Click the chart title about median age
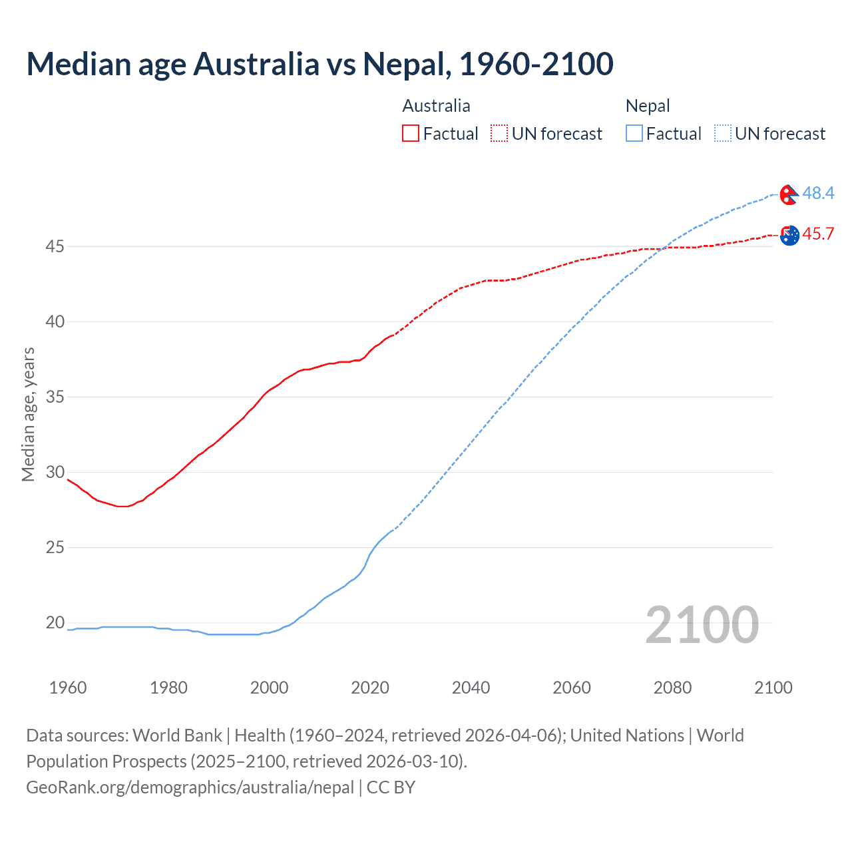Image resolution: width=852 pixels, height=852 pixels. click(x=319, y=64)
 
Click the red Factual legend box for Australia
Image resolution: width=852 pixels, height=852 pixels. click(x=411, y=133)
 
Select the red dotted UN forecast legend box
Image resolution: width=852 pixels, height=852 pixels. click(x=499, y=133)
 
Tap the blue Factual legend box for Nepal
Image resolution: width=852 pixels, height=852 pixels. click(x=634, y=133)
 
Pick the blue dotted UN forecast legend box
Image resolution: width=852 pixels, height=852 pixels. click(x=723, y=133)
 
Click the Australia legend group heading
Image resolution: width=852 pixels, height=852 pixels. click(x=436, y=106)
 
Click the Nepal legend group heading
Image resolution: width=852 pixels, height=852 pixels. click(x=648, y=106)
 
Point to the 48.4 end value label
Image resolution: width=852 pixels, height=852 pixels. click(x=818, y=193)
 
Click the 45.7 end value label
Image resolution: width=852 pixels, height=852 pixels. click(x=818, y=234)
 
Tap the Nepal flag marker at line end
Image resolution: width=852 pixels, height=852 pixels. click(x=789, y=195)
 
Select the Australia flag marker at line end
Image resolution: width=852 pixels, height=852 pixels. click(x=789, y=236)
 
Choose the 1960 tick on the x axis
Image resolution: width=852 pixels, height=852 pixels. click(x=68, y=688)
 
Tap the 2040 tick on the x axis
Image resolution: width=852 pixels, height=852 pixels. click(x=471, y=688)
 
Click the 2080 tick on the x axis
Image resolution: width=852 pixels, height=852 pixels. click(x=672, y=688)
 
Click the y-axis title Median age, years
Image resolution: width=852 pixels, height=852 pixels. click(x=28, y=414)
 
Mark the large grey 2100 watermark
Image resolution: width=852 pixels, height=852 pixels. click(x=702, y=624)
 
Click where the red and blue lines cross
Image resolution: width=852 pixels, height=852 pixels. click(x=664, y=248)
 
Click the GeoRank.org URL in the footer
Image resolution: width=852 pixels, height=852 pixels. click(x=190, y=787)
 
